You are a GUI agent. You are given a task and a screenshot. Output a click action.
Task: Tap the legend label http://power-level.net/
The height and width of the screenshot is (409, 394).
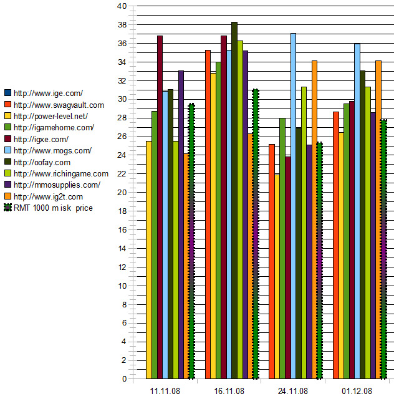pos(50,116)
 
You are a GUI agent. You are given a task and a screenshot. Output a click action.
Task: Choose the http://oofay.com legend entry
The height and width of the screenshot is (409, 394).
pos(41,162)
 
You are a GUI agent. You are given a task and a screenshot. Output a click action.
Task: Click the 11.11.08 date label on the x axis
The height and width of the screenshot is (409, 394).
pos(165,392)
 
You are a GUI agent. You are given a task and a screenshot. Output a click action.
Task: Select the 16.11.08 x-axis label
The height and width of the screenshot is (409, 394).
pos(229,392)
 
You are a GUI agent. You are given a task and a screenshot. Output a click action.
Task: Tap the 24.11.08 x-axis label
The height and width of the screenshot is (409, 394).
pos(292,392)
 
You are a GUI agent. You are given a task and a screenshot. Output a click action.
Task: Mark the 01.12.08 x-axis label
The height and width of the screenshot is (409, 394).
pos(357,392)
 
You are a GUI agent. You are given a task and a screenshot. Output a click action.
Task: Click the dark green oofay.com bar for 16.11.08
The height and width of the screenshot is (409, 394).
pos(234,200)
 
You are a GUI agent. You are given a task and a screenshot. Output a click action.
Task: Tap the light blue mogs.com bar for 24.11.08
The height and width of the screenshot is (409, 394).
pos(293,206)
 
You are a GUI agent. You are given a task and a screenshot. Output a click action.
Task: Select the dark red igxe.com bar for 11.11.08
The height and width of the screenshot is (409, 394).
pos(160,206)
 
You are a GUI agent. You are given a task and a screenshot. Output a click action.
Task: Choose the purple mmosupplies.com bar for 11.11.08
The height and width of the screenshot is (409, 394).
pos(181,224)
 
